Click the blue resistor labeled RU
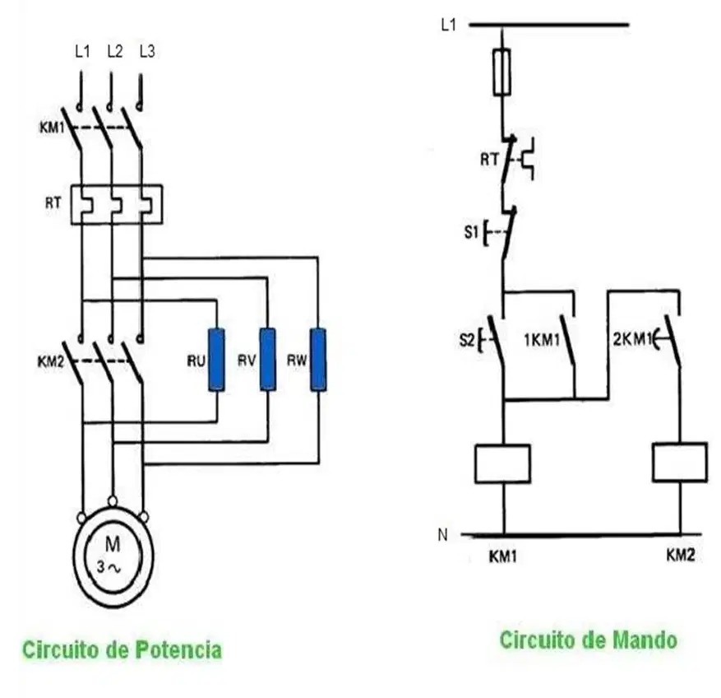coord(216,360)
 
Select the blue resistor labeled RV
coord(268,360)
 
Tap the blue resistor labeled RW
coord(318,360)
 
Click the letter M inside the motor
coord(113,544)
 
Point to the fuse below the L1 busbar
coord(501,72)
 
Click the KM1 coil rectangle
coord(502,464)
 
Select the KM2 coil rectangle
coord(680,463)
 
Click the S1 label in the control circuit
coord(471,232)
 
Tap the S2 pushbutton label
coord(467,340)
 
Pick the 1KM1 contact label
coord(542,340)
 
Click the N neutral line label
coord(443,535)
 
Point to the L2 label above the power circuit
coord(115,52)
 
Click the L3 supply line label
coord(147,52)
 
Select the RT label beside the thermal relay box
coord(53,202)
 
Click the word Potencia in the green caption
coord(178,649)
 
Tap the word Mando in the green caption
coord(645,640)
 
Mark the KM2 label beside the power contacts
coord(51,362)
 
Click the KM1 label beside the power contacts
coord(52,127)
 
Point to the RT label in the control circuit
coord(489,160)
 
